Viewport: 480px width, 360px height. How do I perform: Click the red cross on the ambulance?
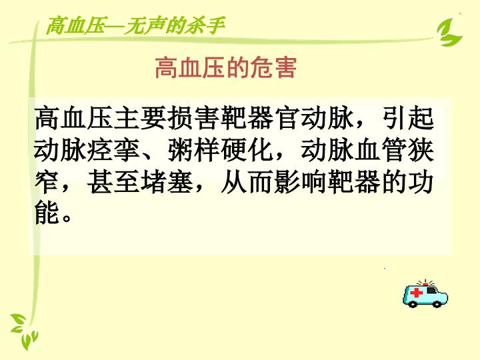pos(417,293)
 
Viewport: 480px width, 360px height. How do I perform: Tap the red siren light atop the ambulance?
pos(425,285)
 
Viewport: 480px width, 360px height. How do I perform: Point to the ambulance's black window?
pos(431,290)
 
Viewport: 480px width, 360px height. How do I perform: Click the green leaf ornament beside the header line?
pos(449,33)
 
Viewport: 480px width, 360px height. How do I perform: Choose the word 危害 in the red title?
pos(273,67)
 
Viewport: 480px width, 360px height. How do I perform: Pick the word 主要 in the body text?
pos(139,118)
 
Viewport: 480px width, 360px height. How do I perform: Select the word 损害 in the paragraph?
pos(193,118)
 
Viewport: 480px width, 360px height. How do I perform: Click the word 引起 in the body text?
pos(407,118)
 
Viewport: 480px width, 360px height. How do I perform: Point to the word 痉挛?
pos(113,150)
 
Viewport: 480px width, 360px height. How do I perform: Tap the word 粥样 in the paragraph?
pos(193,150)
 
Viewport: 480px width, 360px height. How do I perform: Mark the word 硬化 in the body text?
pos(247,150)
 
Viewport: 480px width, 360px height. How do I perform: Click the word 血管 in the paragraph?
pos(381,150)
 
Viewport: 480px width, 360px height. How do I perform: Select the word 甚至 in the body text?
pos(113,183)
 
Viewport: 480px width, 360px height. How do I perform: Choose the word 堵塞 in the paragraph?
pos(166,183)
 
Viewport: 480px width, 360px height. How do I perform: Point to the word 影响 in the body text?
pos(300,183)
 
